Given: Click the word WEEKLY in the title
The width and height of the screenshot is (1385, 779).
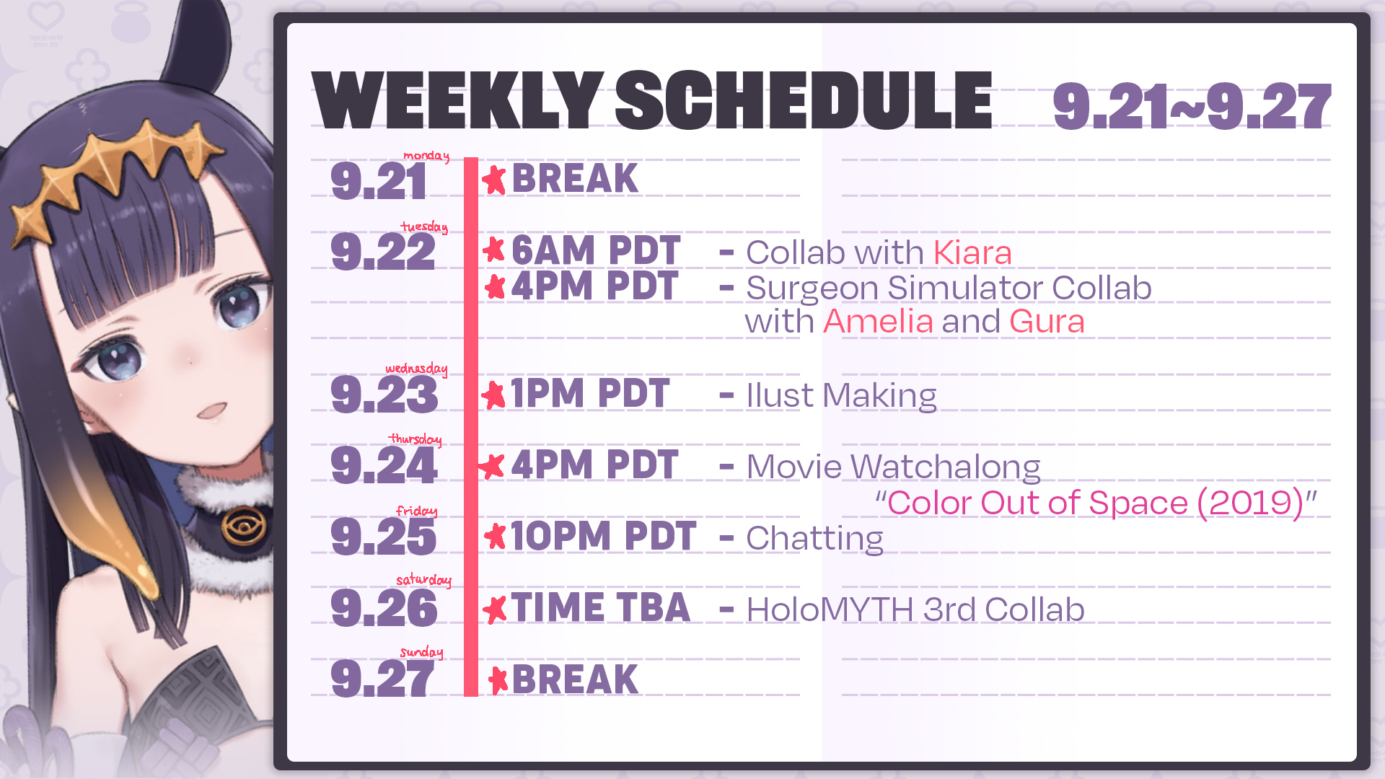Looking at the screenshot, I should [x=456, y=101].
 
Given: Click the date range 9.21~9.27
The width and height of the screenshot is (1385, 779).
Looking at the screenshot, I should [x=1191, y=107].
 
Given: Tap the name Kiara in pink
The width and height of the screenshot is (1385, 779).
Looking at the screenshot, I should [x=972, y=253].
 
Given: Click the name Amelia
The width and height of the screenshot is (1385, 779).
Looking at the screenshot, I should [x=878, y=322].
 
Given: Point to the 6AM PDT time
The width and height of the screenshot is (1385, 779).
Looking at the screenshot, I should [x=595, y=251].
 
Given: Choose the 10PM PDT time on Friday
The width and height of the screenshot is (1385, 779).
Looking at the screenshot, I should [x=602, y=537].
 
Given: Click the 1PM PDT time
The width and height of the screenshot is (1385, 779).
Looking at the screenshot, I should [x=589, y=394].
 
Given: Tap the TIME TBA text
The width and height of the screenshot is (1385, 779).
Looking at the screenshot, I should [x=600, y=608].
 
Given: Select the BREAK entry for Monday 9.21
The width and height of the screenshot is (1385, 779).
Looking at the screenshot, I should [x=574, y=179].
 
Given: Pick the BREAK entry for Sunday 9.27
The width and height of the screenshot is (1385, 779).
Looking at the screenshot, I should [x=574, y=679].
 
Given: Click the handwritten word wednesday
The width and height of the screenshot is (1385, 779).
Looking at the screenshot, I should [x=416, y=369].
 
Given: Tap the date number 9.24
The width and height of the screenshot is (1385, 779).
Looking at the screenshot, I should [x=384, y=466].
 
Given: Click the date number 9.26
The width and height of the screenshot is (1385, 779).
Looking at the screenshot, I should [x=384, y=609].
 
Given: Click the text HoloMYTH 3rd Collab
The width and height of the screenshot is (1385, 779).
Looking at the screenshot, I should [x=915, y=610].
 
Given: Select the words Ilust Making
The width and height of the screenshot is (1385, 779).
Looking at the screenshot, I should [x=841, y=396].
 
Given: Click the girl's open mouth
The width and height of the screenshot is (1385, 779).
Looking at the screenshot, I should [x=213, y=411].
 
